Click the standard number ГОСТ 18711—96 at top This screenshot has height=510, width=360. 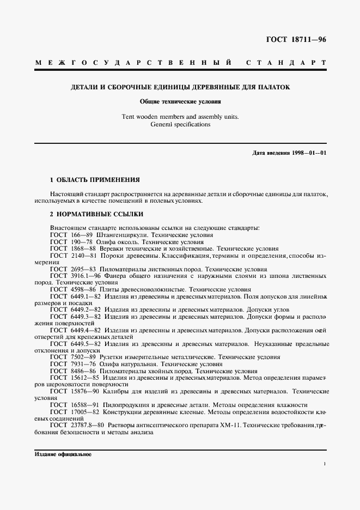(x=295, y=40)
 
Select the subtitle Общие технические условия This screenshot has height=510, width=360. (x=180, y=101)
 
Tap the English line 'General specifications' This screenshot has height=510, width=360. (x=180, y=124)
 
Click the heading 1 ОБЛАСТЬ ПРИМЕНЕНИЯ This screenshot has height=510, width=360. (x=95, y=179)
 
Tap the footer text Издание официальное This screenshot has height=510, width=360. (x=63, y=453)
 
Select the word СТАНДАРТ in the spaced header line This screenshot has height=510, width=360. (x=286, y=63)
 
